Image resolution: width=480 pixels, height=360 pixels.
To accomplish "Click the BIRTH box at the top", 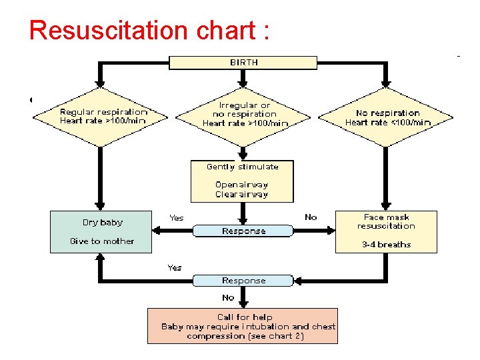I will [243, 63].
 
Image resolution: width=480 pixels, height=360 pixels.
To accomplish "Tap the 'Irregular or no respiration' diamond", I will [245, 115].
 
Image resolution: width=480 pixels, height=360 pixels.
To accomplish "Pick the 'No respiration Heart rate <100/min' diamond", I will [387, 117].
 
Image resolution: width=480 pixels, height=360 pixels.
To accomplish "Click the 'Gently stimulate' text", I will [242, 167].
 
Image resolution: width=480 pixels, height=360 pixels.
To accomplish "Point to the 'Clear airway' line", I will [241, 195].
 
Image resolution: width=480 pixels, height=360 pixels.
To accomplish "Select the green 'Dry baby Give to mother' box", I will [101, 232].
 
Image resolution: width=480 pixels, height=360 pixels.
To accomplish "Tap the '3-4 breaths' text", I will [387, 245].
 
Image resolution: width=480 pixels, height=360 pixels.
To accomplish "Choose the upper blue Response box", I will [243, 231].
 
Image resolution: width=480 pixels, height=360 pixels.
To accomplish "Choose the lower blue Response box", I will [243, 281].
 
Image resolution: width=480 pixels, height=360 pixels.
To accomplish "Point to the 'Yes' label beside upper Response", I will [177, 218].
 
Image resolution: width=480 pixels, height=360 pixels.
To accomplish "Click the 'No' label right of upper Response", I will [311, 217].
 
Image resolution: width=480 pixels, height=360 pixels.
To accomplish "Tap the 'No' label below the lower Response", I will [228, 298].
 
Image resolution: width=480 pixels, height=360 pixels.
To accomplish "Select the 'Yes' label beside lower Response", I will [175, 268].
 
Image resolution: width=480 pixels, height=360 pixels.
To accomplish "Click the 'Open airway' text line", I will [241, 185].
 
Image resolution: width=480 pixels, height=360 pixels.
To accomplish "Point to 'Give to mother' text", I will [102, 241].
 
